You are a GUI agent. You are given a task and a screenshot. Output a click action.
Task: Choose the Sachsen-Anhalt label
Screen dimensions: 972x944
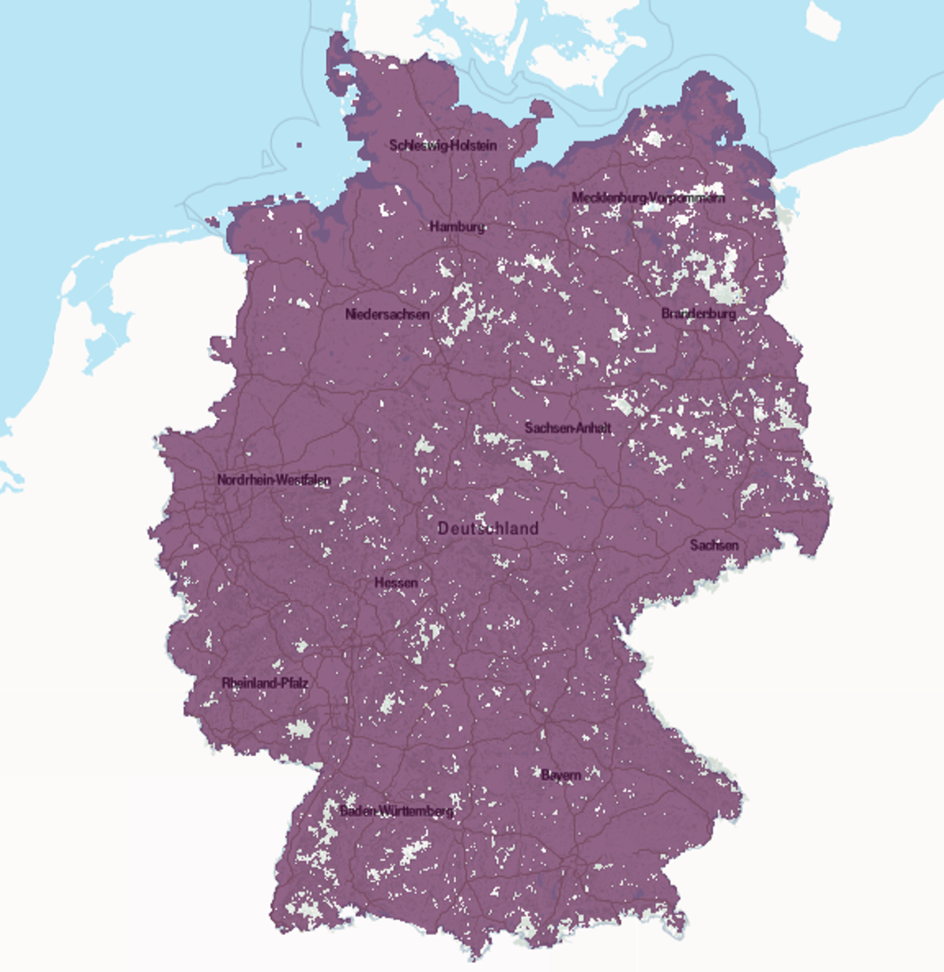coord(568,428)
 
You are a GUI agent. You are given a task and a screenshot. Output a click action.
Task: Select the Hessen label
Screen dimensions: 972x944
coord(396,583)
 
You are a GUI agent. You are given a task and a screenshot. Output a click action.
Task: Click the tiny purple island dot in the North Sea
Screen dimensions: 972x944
coord(299,145)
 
